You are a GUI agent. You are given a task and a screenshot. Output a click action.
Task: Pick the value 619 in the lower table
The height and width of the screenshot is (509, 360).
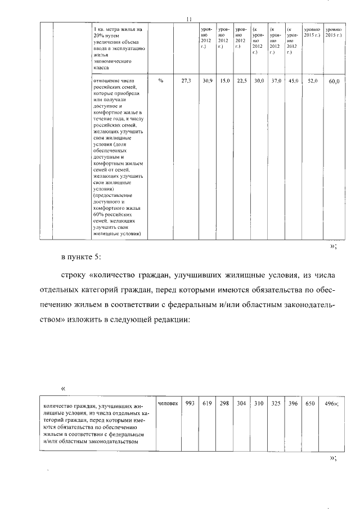point(207,403)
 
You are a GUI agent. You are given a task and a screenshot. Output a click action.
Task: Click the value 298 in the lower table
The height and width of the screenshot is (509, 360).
point(224,403)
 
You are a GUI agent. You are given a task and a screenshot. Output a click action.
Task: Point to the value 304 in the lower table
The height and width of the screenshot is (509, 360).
point(241,403)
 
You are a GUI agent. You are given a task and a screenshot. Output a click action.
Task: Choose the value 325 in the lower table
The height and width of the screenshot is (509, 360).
point(276,403)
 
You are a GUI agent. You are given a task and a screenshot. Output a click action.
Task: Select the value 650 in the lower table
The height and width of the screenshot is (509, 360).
point(310,403)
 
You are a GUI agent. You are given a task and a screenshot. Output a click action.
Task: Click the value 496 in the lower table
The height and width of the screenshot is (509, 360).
point(332,403)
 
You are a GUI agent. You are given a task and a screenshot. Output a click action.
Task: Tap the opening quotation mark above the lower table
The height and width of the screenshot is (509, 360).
point(63,388)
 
